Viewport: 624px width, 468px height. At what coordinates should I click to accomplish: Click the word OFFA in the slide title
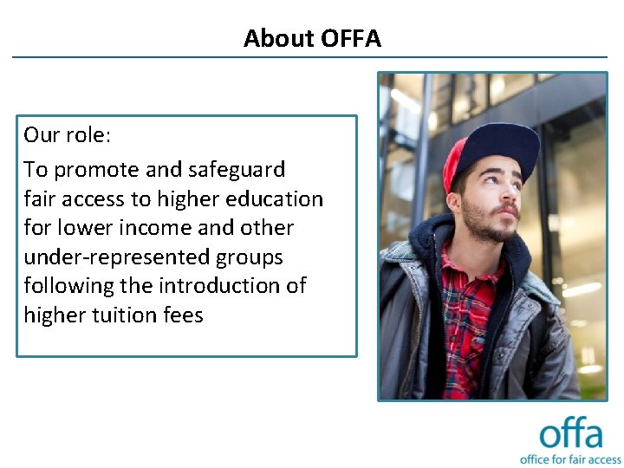coord(350,38)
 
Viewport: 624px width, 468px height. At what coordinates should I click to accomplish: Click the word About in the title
coord(278,38)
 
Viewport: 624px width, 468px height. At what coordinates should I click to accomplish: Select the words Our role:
coord(67,134)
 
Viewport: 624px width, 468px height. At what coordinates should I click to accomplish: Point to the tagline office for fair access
coord(570,458)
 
